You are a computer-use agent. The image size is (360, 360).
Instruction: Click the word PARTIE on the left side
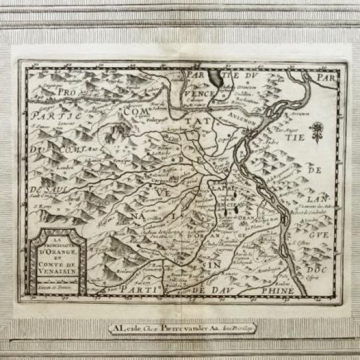tap(49, 116)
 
